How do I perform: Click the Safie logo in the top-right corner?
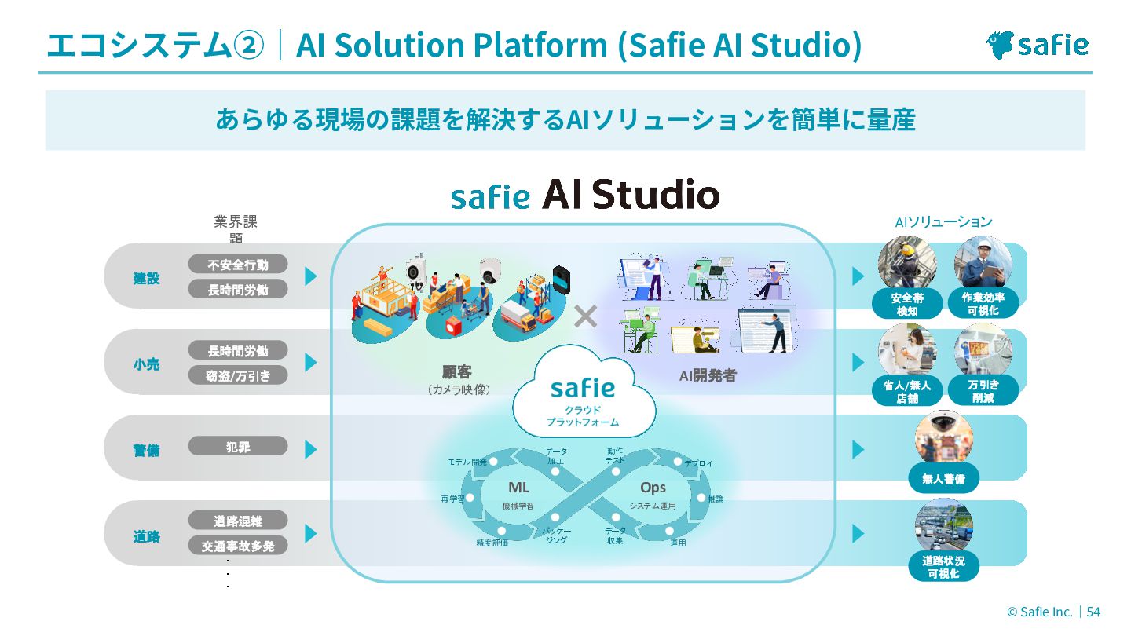pyautogui.click(x=1037, y=45)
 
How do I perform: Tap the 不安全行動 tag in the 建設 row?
pyautogui.click(x=237, y=265)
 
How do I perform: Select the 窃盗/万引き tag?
pyautogui.click(x=237, y=375)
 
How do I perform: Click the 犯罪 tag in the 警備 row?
pyautogui.click(x=237, y=447)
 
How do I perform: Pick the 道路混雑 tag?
pyautogui.click(x=237, y=521)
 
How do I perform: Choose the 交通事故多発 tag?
pyautogui.click(x=237, y=546)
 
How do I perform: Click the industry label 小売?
pyautogui.click(x=146, y=364)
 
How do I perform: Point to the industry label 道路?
pyautogui.click(x=146, y=537)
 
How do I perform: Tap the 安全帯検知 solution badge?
pyautogui.click(x=907, y=304)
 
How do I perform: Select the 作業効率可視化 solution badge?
pyautogui.click(x=983, y=304)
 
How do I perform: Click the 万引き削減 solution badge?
pyautogui.click(x=983, y=390)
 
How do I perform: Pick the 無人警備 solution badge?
pyautogui.click(x=943, y=477)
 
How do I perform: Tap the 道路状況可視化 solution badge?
pyautogui.click(x=943, y=567)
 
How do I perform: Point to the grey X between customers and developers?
pyautogui.click(x=585, y=316)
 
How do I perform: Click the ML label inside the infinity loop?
pyautogui.click(x=518, y=488)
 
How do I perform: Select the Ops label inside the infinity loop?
pyautogui.click(x=653, y=488)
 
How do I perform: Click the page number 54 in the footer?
pyautogui.click(x=1093, y=612)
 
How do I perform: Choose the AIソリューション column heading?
pyautogui.click(x=943, y=222)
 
